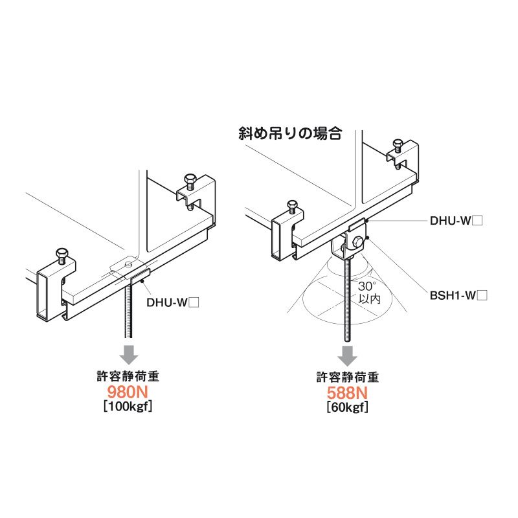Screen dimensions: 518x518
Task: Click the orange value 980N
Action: tap(128, 393)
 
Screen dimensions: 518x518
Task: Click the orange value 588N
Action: tap(348, 393)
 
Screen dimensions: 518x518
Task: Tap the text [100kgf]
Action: tap(128, 407)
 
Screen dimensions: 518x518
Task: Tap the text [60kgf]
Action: tap(348, 407)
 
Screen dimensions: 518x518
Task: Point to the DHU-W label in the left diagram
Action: tap(172, 302)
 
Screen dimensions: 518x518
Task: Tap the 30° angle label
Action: tap(368, 286)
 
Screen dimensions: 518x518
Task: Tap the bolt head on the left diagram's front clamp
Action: tap(62, 253)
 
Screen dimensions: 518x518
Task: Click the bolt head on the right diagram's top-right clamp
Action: tap(398, 144)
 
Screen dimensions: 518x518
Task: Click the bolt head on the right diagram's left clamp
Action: tap(292, 207)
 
